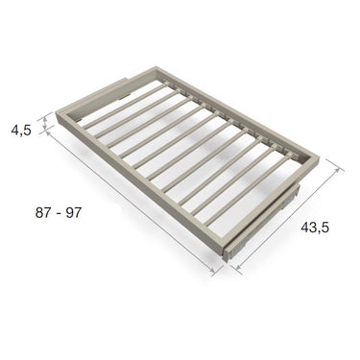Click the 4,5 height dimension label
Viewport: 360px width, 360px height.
tap(21, 131)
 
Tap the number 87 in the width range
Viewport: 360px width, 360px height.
tap(43, 213)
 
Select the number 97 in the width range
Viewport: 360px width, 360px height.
tap(74, 213)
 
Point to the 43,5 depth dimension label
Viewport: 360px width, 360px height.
tap(315, 227)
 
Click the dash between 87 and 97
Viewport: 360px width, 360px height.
tap(59, 214)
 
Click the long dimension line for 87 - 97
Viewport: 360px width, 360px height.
tap(132, 202)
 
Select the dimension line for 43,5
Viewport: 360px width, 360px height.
tap(288, 218)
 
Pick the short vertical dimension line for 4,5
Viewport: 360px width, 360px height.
tap(45, 123)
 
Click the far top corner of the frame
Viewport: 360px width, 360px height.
tap(156, 67)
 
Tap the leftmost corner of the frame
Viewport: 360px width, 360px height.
tap(57, 112)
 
